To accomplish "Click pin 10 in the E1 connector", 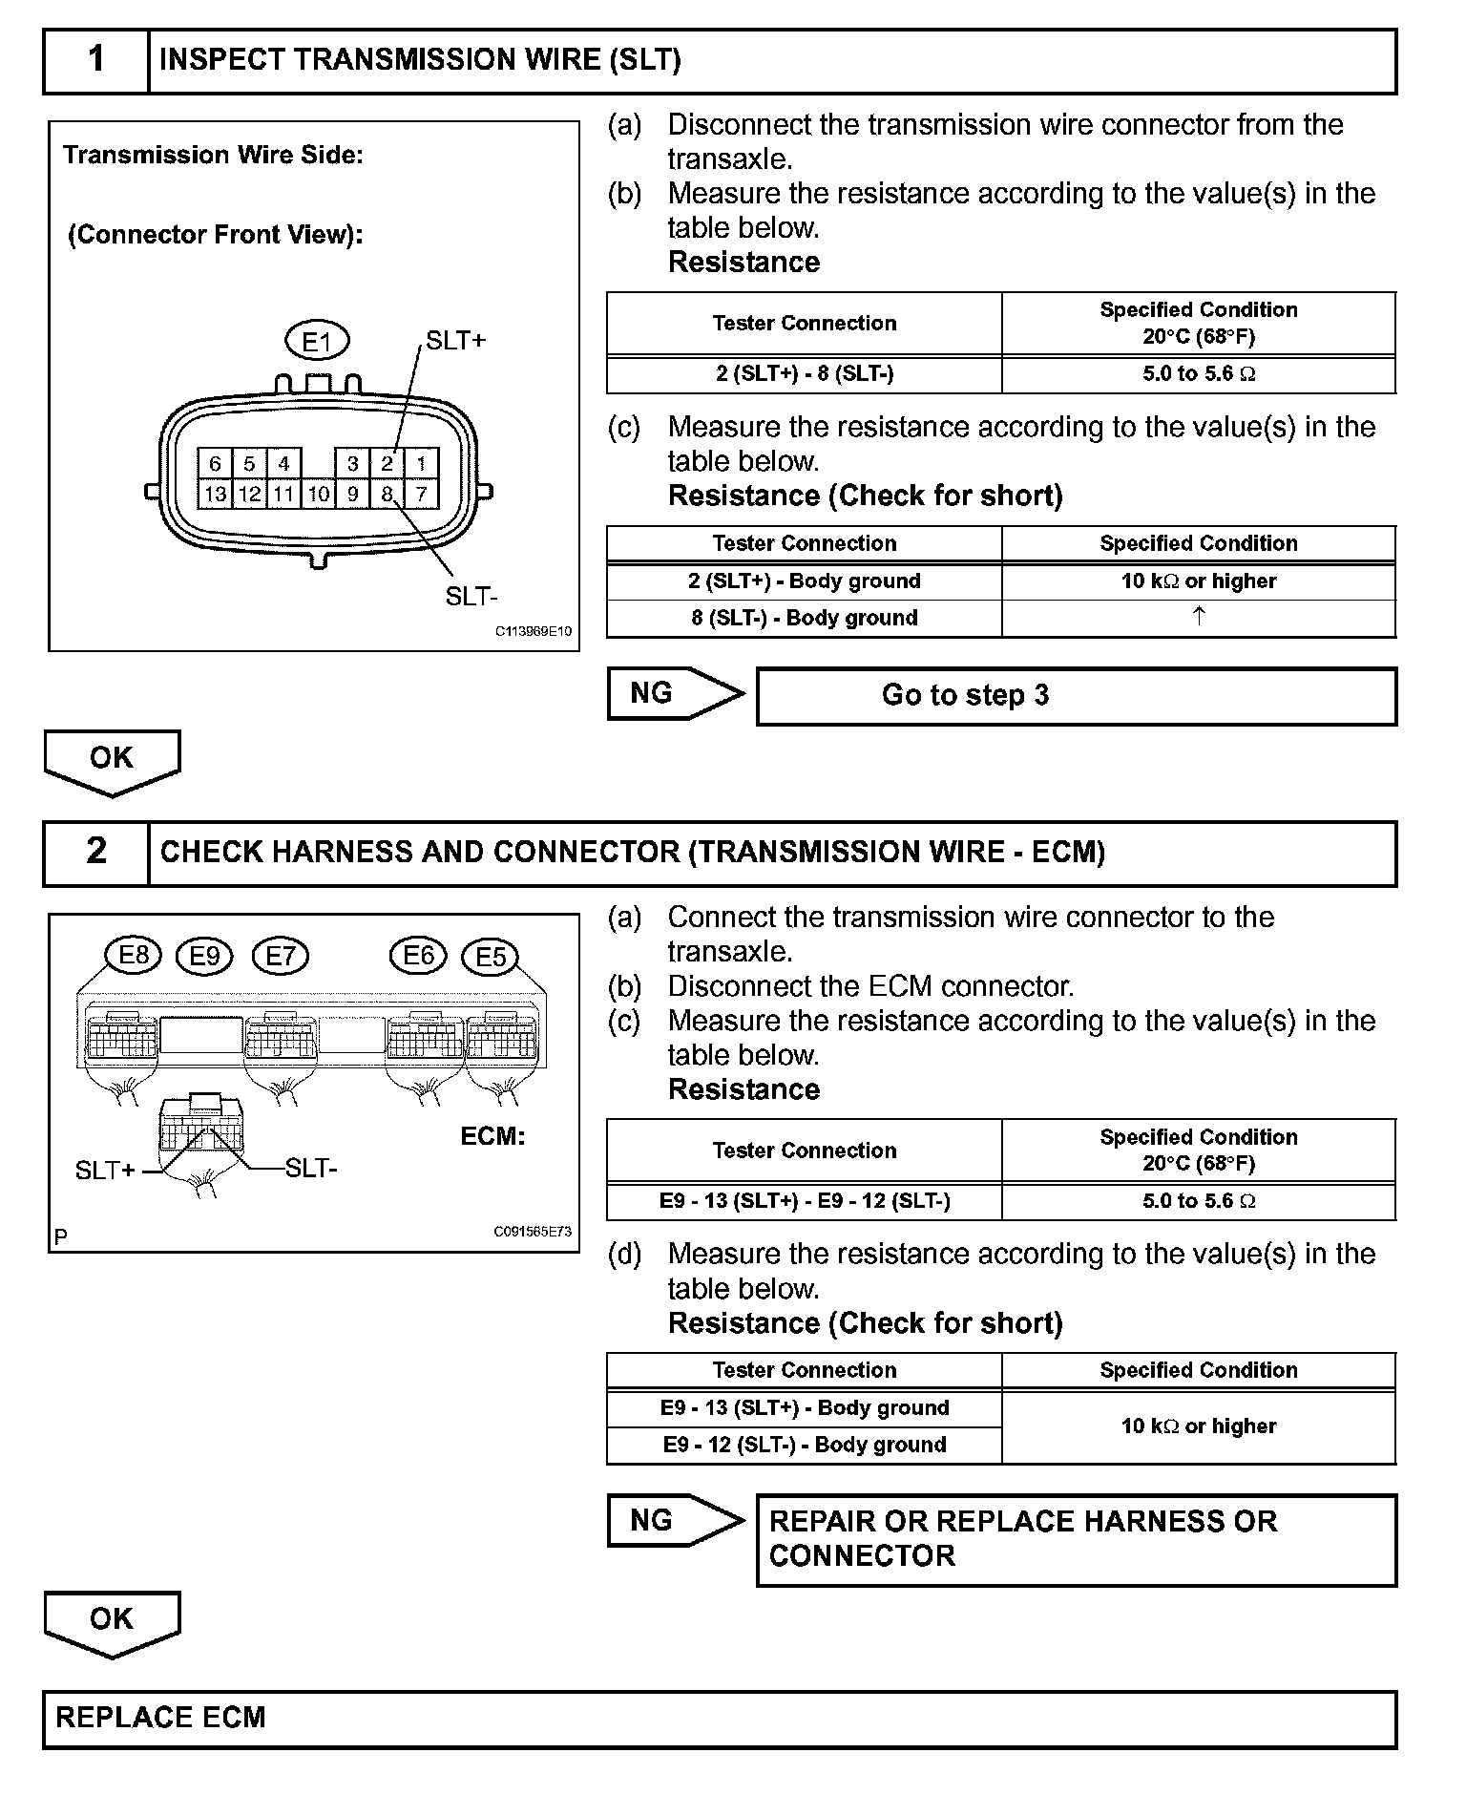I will (x=319, y=494).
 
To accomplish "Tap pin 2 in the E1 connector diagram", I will (x=387, y=464).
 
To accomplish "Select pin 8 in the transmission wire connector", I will (x=387, y=494).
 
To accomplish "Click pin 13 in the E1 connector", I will (x=215, y=494).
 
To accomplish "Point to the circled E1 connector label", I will (x=317, y=341).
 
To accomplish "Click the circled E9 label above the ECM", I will (x=205, y=956).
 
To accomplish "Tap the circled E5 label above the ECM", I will (x=490, y=957).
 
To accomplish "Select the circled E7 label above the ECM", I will (x=281, y=956).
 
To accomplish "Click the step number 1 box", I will (x=96, y=61).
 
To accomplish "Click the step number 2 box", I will (x=96, y=852).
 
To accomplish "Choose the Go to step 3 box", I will (x=1076, y=696).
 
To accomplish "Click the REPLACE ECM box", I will (x=720, y=1718).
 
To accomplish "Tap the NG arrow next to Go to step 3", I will (x=674, y=694).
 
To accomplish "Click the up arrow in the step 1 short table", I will (x=1199, y=617).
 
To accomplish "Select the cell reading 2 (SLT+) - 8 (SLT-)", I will (x=804, y=374).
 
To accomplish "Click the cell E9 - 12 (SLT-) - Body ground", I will (x=804, y=1445).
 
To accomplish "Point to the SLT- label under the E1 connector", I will (x=471, y=597).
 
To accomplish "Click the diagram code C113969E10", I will (x=533, y=631).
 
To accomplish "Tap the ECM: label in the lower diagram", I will (x=492, y=1136).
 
